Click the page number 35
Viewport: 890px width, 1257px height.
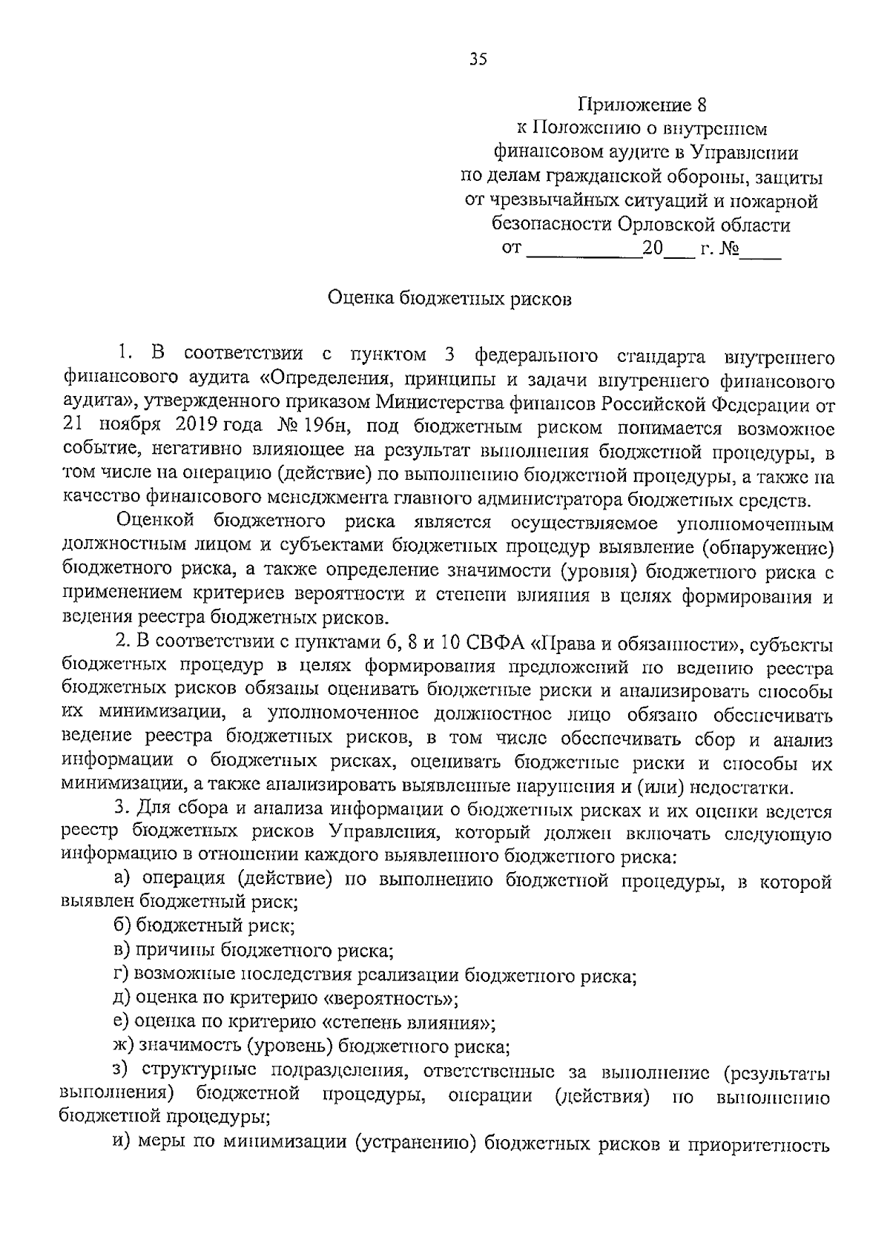478,60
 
